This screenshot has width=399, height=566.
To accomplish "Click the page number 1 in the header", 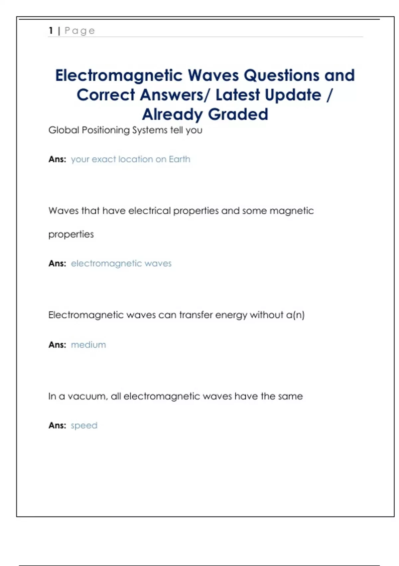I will pos(51,31).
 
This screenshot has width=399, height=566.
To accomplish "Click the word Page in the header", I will pos(80,31).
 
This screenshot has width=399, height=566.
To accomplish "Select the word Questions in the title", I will pos(282,75).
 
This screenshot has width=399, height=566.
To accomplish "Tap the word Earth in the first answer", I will pos(180,159).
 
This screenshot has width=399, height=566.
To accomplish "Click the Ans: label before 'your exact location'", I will pos(57,159).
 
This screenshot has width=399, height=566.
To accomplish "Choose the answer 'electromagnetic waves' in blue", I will pos(121,263).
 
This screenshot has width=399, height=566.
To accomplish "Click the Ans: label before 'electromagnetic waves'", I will pos(57,263).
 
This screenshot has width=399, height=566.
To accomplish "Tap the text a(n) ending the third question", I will pos(295,315).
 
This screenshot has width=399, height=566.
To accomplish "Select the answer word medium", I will pos(88,345).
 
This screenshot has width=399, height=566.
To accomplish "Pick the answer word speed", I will pos(84,425).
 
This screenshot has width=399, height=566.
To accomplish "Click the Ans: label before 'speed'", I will pos(57,425).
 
